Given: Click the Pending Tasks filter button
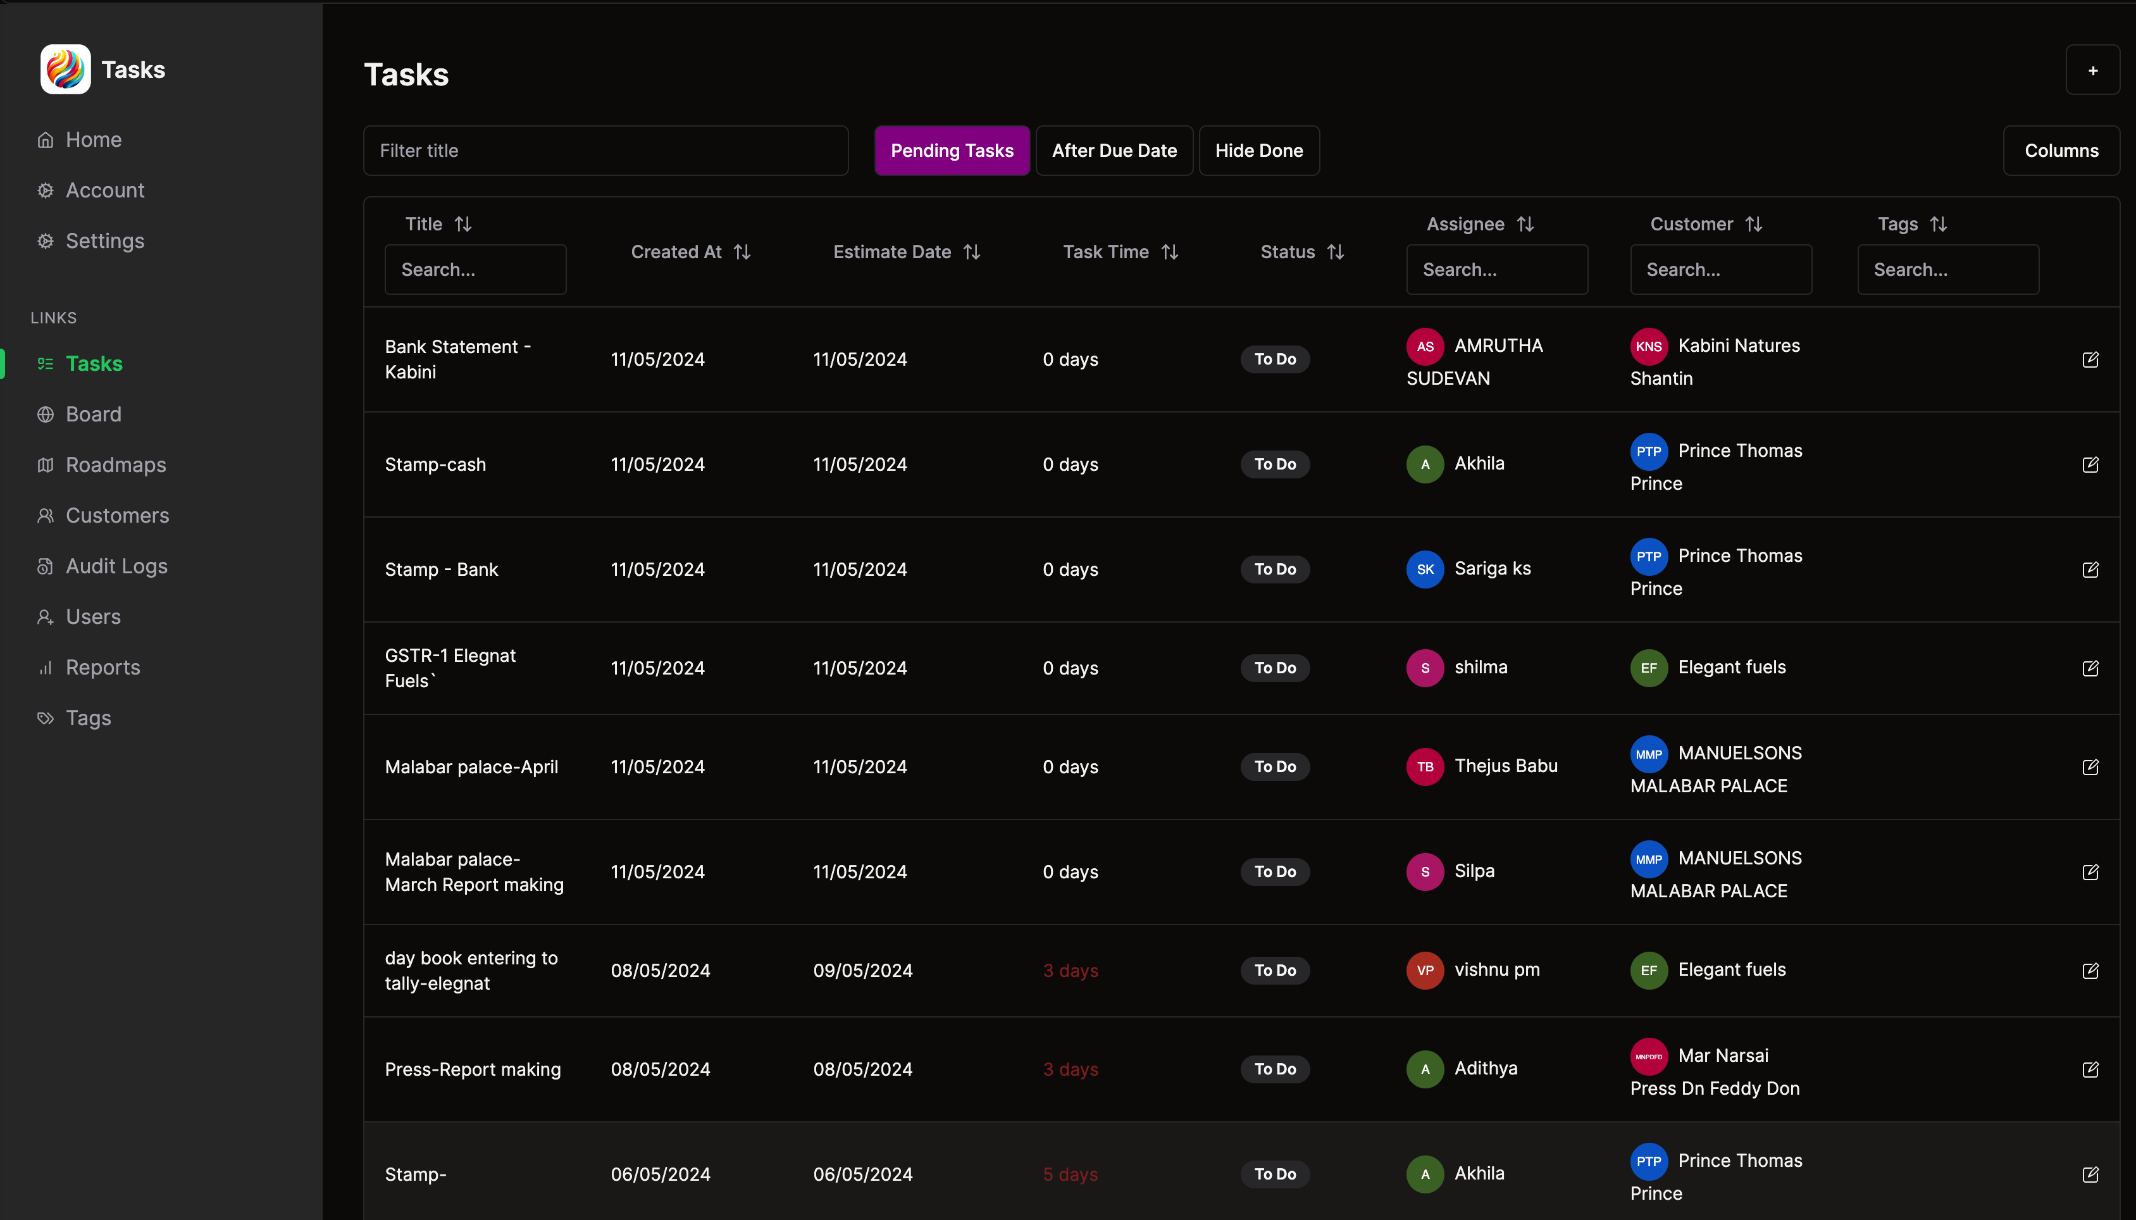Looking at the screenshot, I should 952,151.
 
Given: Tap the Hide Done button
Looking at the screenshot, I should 1258,151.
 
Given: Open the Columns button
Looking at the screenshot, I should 2061,151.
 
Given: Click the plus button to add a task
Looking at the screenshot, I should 2092,70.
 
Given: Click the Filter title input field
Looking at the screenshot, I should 605,151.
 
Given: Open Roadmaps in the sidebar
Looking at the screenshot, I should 116,465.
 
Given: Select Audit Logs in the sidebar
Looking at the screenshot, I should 116,566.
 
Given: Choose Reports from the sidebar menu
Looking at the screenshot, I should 103,668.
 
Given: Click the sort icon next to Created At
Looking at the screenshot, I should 742,252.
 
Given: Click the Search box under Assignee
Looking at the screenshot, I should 1496,270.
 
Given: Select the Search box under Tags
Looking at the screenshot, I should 1947,270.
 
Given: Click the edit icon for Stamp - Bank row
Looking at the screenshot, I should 2089,570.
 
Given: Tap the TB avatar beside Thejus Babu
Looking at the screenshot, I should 1424,767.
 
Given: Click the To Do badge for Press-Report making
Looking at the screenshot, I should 1274,1069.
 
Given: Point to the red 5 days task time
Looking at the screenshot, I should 1070,1174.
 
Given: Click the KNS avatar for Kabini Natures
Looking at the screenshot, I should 1648,347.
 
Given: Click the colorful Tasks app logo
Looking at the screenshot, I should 65,70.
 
